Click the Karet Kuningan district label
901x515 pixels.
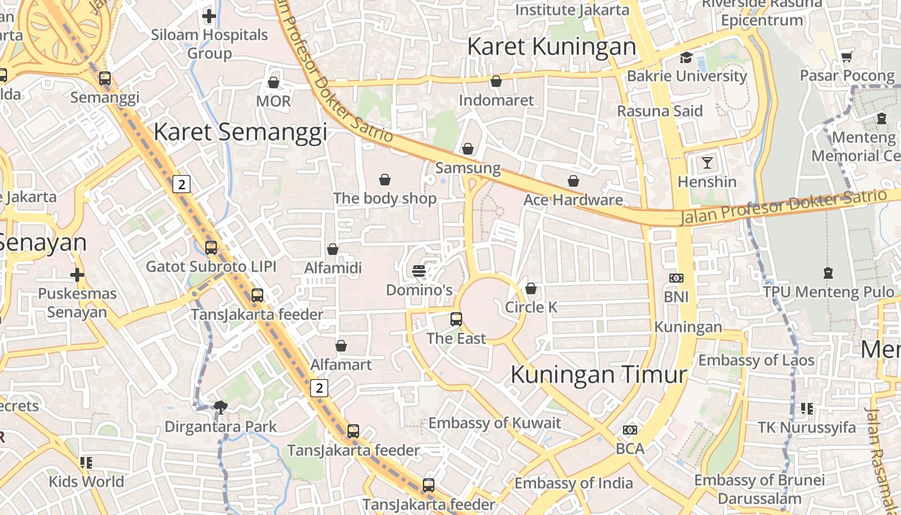pos(552,46)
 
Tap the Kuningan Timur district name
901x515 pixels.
pos(599,374)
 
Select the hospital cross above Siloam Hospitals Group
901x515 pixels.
pos(209,16)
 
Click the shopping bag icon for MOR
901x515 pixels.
pos(274,82)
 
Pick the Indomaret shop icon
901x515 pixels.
pos(496,81)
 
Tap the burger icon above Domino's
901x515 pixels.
pos(419,271)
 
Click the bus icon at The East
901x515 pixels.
pos(456,319)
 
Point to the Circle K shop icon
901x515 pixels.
pos(531,288)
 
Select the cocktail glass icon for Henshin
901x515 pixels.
pos(707,162)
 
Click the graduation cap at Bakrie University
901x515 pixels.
pos(686,57)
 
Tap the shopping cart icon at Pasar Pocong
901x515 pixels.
pos(847,57)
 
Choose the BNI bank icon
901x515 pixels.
pos(676,278)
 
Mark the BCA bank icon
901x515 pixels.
pos(630,429)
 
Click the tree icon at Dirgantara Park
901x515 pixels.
pos(221,407)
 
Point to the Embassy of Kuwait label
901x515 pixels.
pos(495,423)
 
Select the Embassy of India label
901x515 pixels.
pos(573,483)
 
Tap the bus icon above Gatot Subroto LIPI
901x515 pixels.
pos(211,247)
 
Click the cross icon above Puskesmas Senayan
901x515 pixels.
pos(77,275)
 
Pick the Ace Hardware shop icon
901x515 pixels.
pos(573,181)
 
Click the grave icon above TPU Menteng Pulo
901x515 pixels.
pos(828,273)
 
